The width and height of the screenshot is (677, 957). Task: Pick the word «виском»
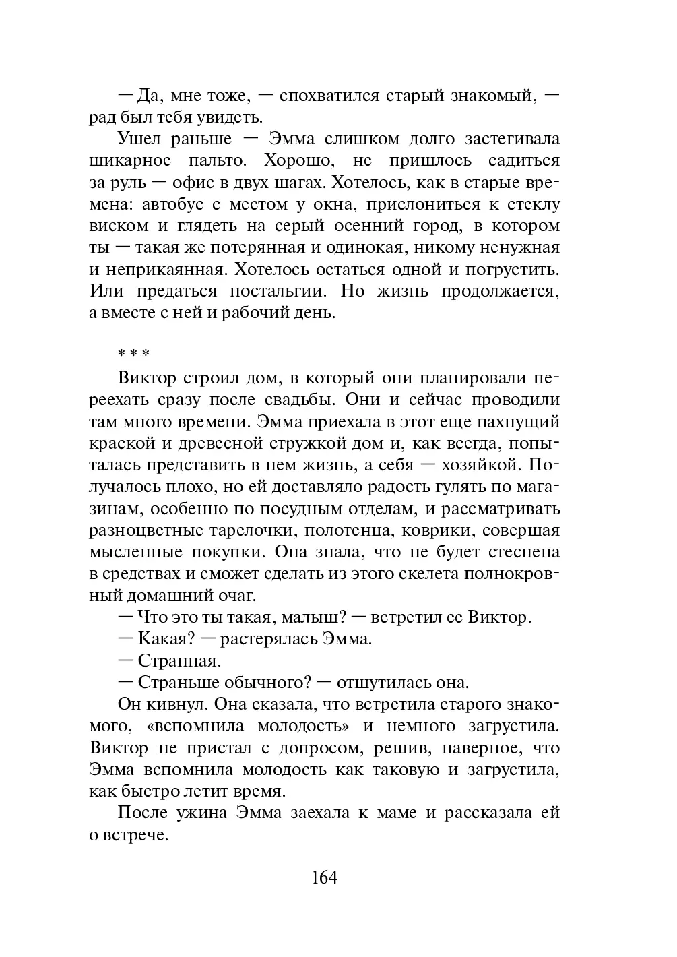tap(115, 226)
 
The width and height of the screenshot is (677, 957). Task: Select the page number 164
tap(324, 877)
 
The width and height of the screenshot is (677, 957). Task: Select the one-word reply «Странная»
tap(179, 660)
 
